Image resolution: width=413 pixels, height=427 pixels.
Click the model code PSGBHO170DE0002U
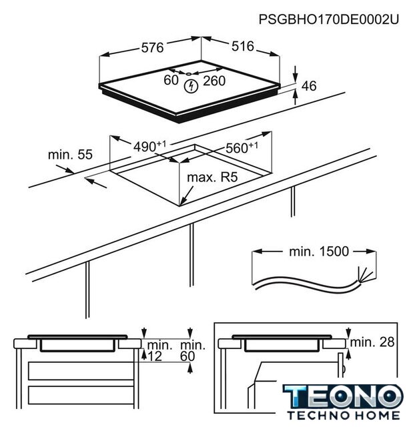point(329,19)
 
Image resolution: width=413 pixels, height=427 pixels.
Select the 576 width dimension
point(153,47)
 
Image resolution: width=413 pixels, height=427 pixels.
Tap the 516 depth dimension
point(243,46)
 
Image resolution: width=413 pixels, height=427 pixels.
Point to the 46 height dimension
point(309,86)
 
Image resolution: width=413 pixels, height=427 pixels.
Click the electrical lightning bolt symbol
point(191,86)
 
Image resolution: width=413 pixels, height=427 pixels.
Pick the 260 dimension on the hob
point(214,81)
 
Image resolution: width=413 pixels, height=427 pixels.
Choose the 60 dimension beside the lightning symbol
point(171,80)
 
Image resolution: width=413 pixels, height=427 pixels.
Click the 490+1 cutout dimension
point(149,146)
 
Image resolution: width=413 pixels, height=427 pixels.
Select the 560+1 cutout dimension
point(242,147)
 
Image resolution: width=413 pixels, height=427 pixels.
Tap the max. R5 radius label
point(212,177)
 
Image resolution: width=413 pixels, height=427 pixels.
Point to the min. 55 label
point(70,154)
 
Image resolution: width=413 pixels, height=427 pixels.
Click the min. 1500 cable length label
point(319,252)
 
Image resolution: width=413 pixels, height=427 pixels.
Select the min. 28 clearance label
point(372,342)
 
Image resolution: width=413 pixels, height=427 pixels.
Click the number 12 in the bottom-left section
point(155,356)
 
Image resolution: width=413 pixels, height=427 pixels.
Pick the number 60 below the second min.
point(187,356)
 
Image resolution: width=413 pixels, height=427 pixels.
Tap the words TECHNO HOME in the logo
point(344,416)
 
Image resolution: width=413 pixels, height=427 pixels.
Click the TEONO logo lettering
point(343,396)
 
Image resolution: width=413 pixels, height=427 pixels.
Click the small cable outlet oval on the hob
point(189,73)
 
